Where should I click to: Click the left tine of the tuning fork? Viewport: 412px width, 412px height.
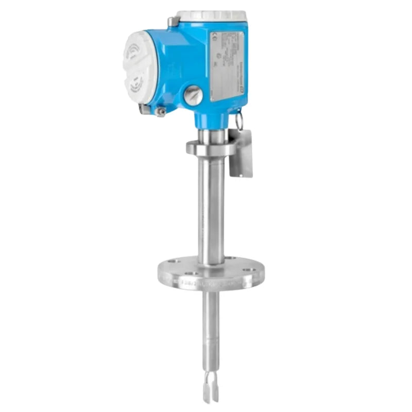click(206, 391)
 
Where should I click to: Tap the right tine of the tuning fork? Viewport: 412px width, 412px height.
click(215, 391)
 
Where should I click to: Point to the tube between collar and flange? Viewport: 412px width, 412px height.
click(211, 206)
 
